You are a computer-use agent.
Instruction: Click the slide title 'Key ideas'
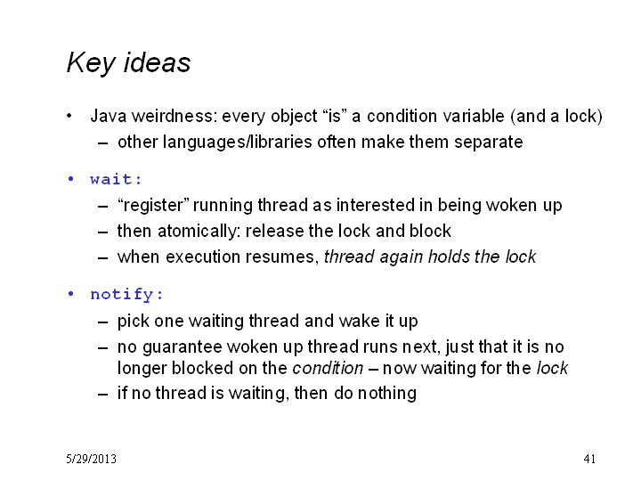coord(128,63)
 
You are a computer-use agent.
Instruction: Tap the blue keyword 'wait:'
coord(116,179)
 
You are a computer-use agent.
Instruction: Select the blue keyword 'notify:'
coord(126,295)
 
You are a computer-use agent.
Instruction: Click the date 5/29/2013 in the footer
coord(91,459)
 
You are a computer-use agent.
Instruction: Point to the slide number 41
coord(589,459)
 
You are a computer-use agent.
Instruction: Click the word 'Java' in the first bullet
coord(109,116)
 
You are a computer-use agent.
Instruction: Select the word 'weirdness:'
coord(174,116)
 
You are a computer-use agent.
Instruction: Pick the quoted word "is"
coord(335,116)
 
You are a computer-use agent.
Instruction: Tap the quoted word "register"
coord(153,206)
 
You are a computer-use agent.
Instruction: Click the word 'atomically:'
coord(199,232)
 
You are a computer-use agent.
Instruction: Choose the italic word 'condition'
coord(328,368)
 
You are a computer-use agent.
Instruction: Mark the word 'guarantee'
coord(182,347)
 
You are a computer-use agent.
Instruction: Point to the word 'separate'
coord(489,143)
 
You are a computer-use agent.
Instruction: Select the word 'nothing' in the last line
coord(387,394)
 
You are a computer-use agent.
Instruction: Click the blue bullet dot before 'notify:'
coord(70,294)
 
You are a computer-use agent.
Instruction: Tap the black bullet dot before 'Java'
coord(69,116)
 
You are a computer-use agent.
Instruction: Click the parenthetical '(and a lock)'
coord(556,116)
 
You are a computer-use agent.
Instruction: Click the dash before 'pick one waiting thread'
coord(103,322)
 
